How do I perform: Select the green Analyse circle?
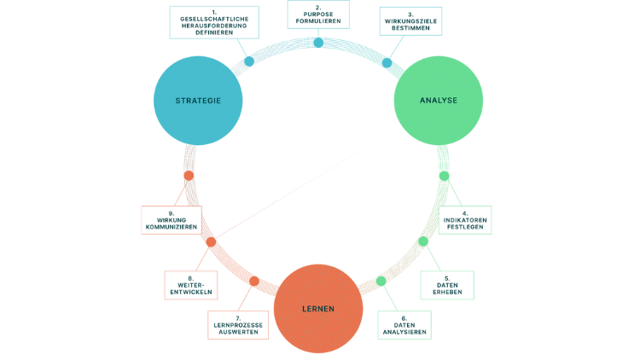[439, 101]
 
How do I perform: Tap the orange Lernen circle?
[317, 308]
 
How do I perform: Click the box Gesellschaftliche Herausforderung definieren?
[208, 20]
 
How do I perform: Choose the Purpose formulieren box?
[318, 13]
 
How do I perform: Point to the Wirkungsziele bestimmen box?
[411, 20]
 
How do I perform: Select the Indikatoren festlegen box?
[466, 219]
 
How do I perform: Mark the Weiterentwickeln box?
[189, 285]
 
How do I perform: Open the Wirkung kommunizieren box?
[171, 220]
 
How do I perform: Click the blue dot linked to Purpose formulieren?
[318, 43]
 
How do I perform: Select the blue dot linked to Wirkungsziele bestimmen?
[387, 62]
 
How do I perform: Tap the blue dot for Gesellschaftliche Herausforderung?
[249, 61]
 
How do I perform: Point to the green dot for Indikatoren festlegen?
[444, 176]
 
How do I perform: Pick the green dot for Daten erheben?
[422, 241]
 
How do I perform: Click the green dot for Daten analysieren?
[381, 281]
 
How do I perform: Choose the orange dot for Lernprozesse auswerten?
[253, 281]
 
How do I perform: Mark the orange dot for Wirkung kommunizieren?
[189, 176]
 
